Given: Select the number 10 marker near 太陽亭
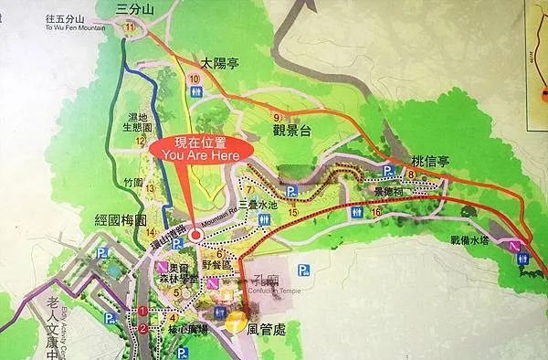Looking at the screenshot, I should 194,80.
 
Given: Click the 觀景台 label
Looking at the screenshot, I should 292,131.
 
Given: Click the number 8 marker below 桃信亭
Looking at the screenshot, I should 412,175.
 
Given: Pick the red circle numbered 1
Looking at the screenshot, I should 142,312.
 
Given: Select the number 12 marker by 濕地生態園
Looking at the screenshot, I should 141,142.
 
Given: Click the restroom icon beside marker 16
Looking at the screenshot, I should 356,213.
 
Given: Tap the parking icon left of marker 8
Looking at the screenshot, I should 387,171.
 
